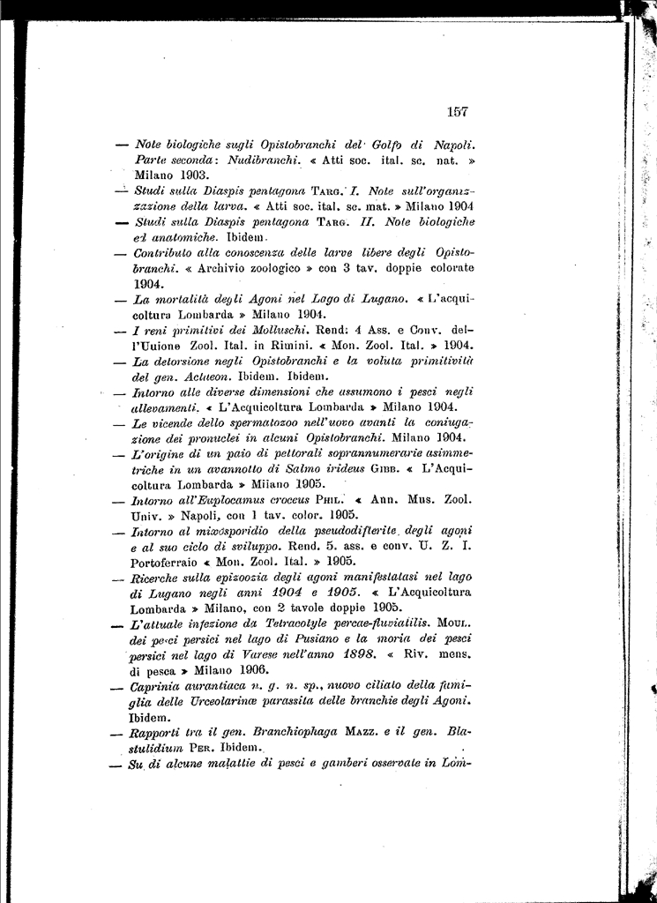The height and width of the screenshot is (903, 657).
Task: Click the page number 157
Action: (x=457, y=111)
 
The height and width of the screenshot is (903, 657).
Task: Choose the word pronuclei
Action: (x=210, y=438)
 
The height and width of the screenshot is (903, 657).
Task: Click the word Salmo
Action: (x=305, y=469)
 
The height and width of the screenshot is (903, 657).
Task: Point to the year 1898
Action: (x=356, y=654)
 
